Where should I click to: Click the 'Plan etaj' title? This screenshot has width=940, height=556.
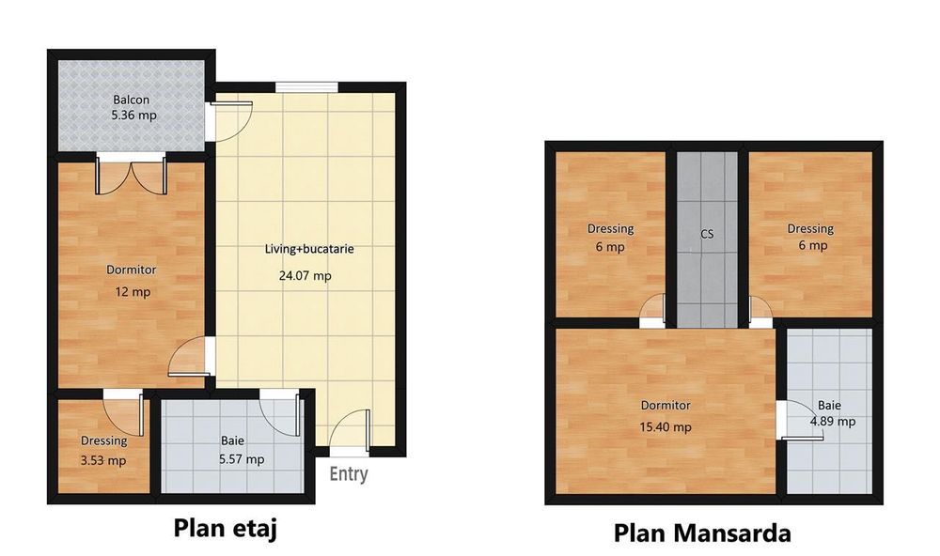[227, 527]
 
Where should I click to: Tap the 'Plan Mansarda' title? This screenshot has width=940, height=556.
[702, 533]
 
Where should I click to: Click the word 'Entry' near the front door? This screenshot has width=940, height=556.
[348, 474]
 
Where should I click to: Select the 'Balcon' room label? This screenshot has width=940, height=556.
[132, 100]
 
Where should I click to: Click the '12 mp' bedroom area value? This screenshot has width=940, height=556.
[132, 292]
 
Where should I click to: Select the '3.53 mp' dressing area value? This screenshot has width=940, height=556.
[103, 460]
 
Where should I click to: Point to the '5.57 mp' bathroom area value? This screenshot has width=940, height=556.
[242, 459]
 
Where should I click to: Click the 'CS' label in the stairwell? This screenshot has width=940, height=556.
[707, 235]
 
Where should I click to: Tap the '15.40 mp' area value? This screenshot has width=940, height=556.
[666, 426]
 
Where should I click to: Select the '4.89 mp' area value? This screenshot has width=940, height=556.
[833, 421]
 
